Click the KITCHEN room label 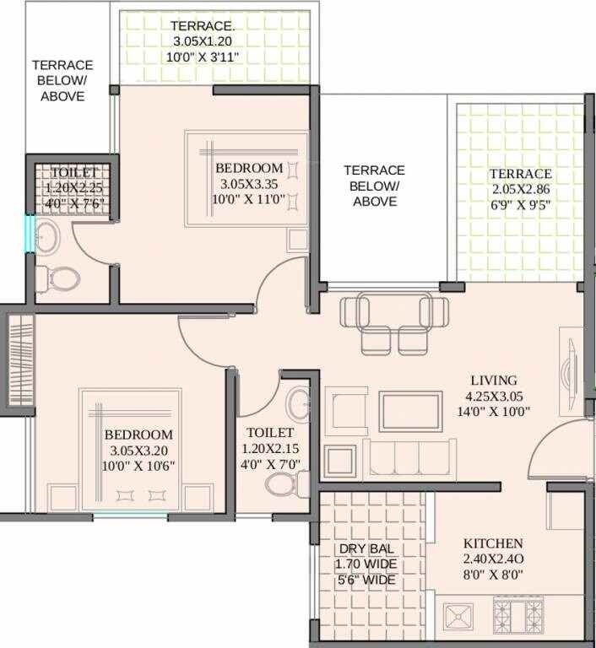(x=492, y=543)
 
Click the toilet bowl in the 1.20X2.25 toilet (x=60, y=276)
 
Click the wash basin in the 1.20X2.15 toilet (x=298, y=404)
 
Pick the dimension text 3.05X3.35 (x=248, y=183)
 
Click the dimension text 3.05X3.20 (x=138, y=451)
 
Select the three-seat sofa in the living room (x=409, y=459)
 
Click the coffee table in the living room (x=409, y=412)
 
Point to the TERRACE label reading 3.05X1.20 (x=203, y=24)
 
